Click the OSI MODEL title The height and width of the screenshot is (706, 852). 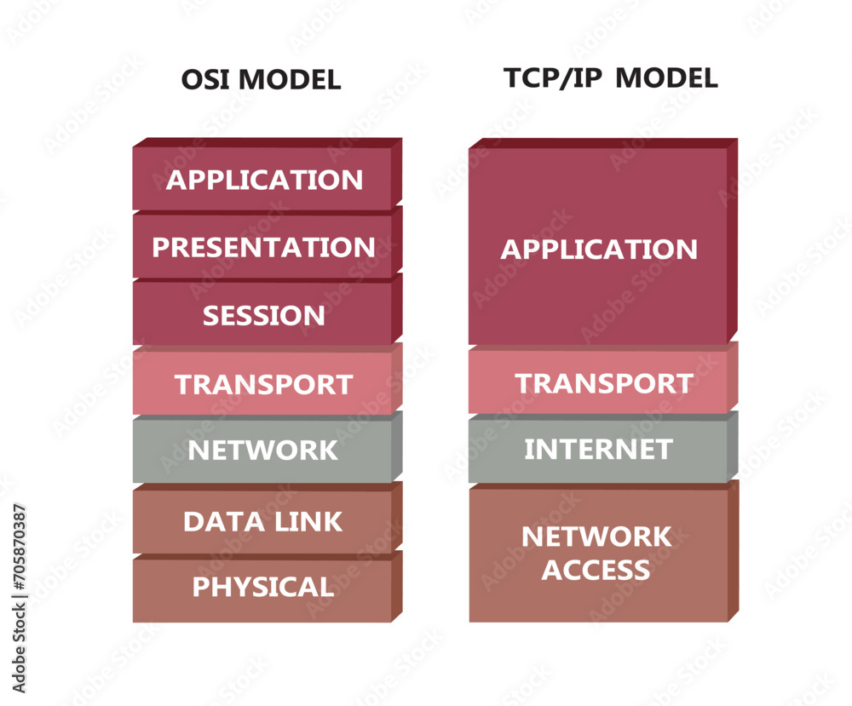pos(261,80)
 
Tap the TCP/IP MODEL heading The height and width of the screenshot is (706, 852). pos(610,78)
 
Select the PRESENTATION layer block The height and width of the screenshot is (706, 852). pos(263,247)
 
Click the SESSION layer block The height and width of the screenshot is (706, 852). pos(263,315)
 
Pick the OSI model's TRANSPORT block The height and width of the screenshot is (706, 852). pos(263,384)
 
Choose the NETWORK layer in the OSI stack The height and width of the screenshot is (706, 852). pos(263,450)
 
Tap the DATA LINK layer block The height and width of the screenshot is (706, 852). pos(263,521)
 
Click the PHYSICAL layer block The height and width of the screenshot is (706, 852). pos(263,587)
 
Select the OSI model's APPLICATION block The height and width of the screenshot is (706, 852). pos(263,180)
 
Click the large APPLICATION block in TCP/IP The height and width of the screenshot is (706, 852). pos(598,249)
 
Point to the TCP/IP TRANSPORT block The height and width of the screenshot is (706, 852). pos(602,383)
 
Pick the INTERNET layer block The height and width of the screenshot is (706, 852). pos(598,449)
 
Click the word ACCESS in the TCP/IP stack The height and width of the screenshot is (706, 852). pos(596,570)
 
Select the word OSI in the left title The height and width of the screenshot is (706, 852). pos(205,80)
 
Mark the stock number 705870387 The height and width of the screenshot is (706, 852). pos(19,562)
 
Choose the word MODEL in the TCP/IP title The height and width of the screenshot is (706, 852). pos(666,78)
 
